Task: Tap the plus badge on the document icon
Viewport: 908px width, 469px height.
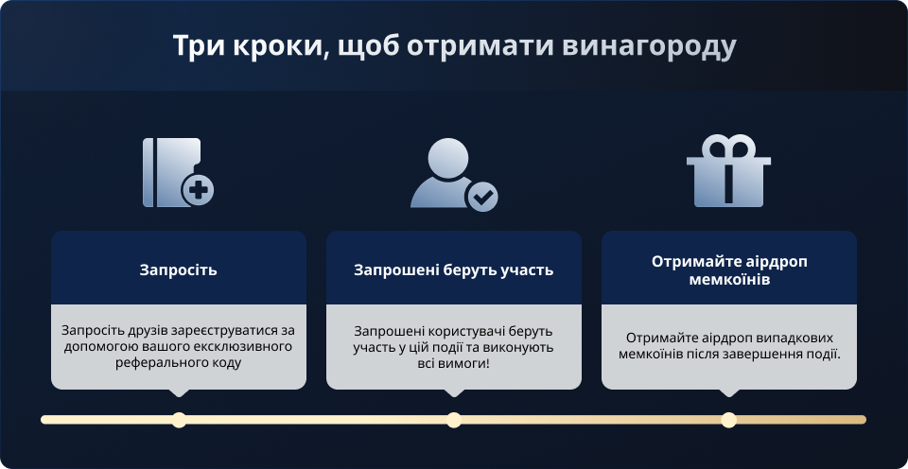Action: click(x=199, y=191)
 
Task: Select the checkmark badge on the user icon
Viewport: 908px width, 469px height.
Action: click(x=482, y=197)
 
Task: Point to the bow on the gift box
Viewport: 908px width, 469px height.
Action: click(x=725, y=147)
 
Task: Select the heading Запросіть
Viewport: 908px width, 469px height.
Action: click(x=179, y=269)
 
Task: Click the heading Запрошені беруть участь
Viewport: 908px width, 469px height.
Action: click(x=454, y=269)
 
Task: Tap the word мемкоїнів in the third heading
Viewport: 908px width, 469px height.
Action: click(x=729, y=279)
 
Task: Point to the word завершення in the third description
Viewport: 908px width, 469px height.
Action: click(x=760, y=354)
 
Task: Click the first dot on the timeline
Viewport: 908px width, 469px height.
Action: click(x=179, y=420)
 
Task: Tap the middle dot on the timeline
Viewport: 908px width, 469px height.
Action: click(x=454, y=420)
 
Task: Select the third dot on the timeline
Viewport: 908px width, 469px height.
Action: click(x=728, y=420)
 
